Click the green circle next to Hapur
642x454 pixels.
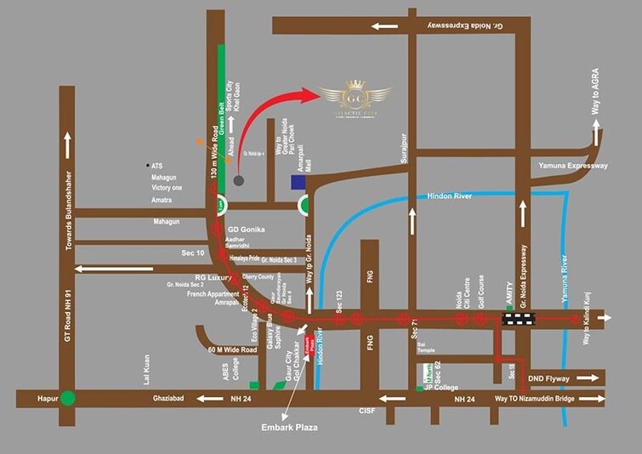click(68, 398)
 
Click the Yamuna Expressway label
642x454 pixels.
click(573, 166)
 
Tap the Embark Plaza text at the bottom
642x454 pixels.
click(289, 428)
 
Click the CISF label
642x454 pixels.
click(367, 411)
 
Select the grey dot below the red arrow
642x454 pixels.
click(239, 180)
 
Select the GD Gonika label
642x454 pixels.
click(247, 230)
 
